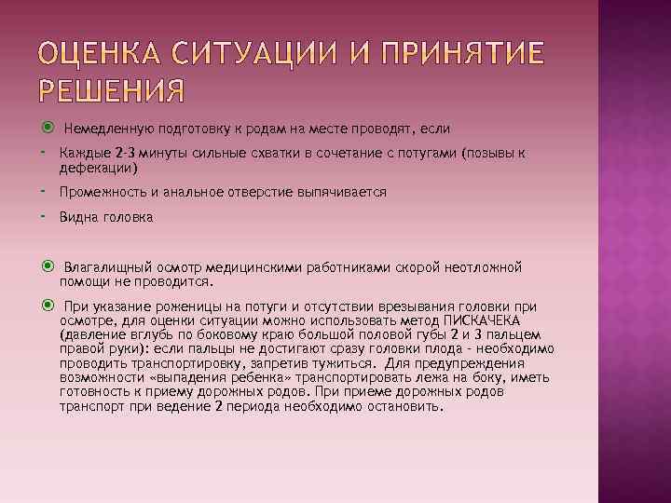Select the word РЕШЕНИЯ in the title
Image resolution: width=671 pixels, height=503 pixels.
113,92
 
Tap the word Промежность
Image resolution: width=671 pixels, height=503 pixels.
96,192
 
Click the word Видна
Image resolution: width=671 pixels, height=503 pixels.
76,217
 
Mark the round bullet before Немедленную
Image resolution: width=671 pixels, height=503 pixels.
48,127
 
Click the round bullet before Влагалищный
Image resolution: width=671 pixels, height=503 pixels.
48,266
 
